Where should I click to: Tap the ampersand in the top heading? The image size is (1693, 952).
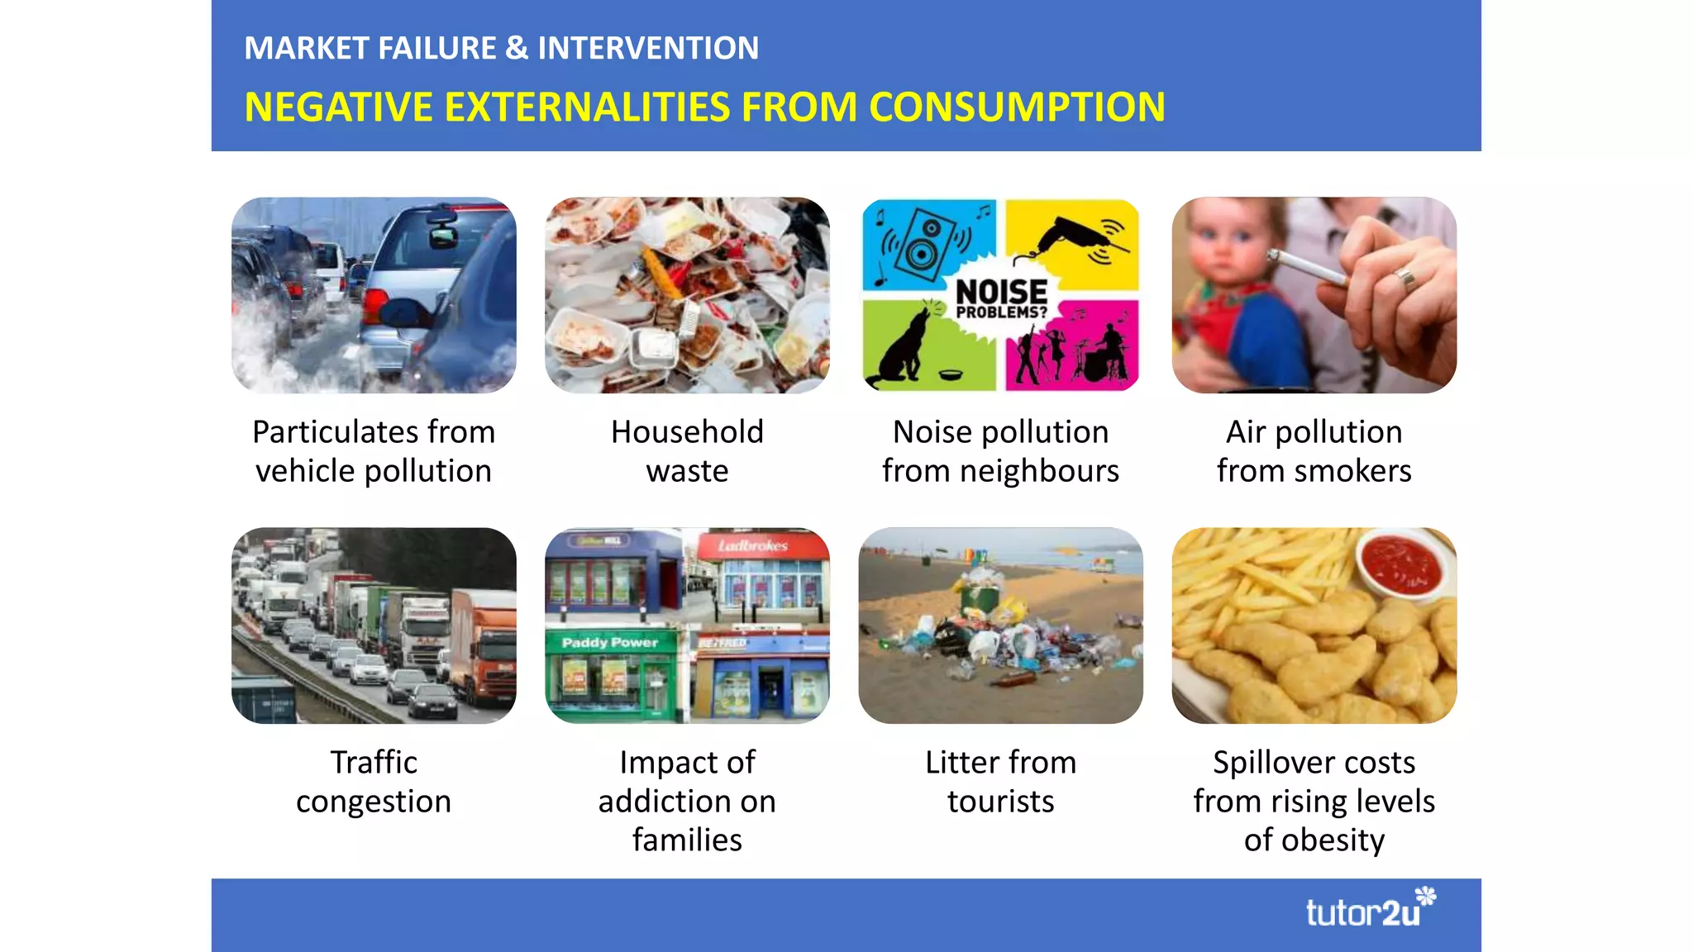pyautogui.click(x=517, y=48)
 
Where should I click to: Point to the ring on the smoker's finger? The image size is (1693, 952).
pyautogui.click(x=1404, y=278)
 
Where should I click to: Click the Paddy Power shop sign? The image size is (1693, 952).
pyautogui.click(x=609, y=642)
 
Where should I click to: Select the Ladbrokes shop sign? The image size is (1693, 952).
pyautogui.click(x=752, y=545)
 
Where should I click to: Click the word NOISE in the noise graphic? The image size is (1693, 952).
pyautogui.click(x=1001, y=292)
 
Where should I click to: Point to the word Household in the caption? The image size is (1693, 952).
pyautogui.click(x=687, y=432)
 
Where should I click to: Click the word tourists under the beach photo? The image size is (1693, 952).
pyautogui.click(x=1000, y=802)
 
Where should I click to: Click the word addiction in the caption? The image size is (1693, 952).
pyautogui.click(x=687, y=802)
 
